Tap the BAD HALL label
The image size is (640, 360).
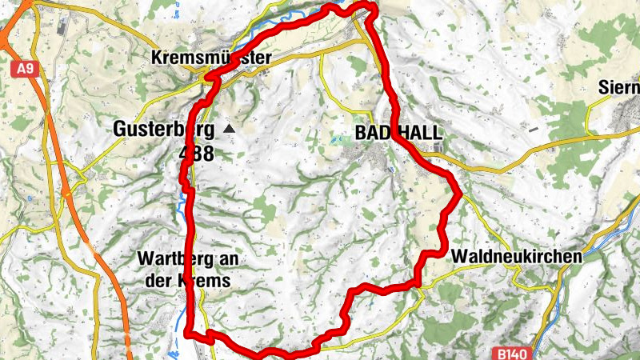click(398, 133)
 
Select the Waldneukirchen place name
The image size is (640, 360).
click(517, 256)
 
